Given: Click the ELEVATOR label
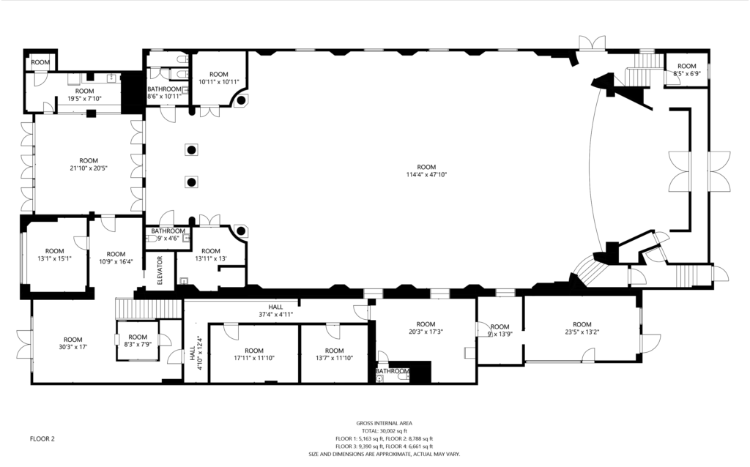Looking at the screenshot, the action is (x=160, y=271).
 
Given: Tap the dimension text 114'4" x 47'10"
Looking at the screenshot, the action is (x=426, y=174).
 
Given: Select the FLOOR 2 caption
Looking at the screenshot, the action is (x=42, y=438).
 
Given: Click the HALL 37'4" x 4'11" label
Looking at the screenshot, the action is (x=275, y=310).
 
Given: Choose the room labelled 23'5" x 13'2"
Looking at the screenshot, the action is (x=582, y=328).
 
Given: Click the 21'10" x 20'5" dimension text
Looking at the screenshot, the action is (x=89, y=168).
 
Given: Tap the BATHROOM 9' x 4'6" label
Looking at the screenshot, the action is (x=168, y=234).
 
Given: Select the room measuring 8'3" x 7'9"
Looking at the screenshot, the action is (x=138, y=340).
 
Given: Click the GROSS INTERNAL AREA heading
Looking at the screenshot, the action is (x=384, y=423).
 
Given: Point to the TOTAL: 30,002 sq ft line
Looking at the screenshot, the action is (x=384, y=430).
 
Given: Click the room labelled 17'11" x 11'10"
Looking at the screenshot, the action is (x=254, y=354).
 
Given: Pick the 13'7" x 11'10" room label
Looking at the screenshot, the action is (x=334, y=354).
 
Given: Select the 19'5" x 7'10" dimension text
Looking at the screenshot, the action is (x=85, y=99).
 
